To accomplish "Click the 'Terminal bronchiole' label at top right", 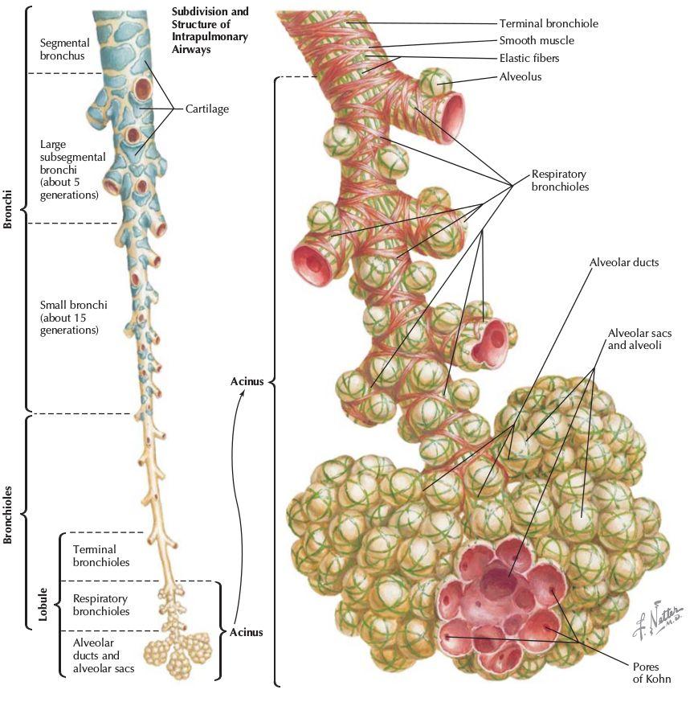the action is coord(549,23).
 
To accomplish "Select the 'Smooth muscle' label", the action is coord(537,41).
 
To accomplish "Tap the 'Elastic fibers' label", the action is coord(529,58).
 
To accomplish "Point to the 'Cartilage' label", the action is coord(207,109).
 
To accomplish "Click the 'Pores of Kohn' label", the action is coord(651,673).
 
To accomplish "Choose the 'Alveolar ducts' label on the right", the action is coord(624,262).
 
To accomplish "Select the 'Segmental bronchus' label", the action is coord(64,49).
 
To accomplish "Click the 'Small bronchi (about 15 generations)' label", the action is coord(73,318).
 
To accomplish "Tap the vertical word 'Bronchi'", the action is coord(7,209).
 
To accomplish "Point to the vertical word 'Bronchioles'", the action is coord(7,515).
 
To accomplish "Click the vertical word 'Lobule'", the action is coord(43,605).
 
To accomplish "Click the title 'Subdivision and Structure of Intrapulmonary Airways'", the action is coord(210,30).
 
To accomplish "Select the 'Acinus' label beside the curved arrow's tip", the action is coord(247,381).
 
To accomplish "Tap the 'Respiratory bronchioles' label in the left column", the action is coord(101,605).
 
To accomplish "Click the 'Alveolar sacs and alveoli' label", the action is coord(639,339).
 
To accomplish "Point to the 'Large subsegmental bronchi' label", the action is coord(73,170).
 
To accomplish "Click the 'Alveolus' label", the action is coord(520,76).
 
